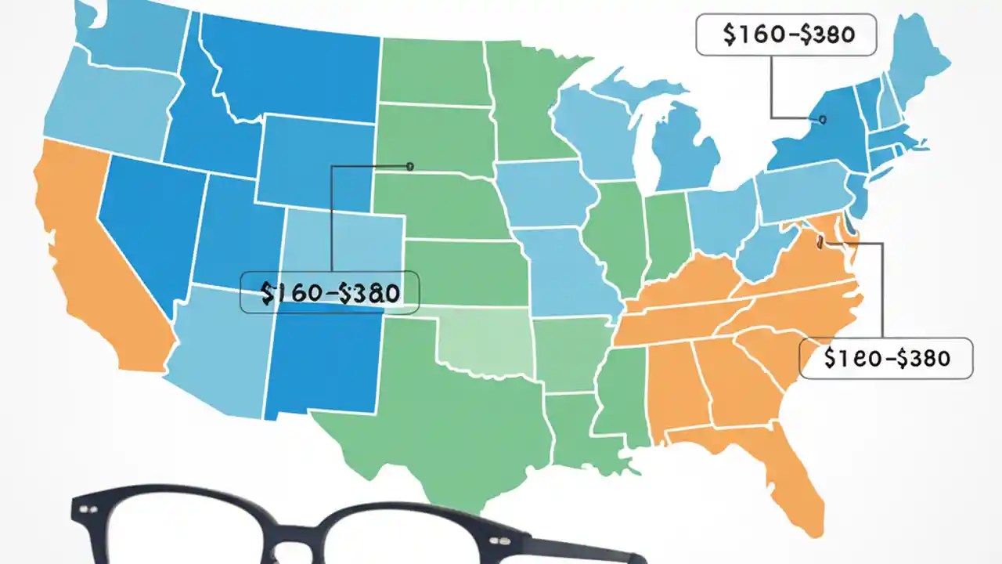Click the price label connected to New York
[x=786, y=35]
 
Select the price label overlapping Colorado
[x=330, y=293]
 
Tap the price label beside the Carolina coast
[x=885, y=358]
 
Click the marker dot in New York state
[x=822, y=120]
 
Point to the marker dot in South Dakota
[x=409, y=165]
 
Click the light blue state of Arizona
[x=219, y=352]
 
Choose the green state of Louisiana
[x=583, y=435]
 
